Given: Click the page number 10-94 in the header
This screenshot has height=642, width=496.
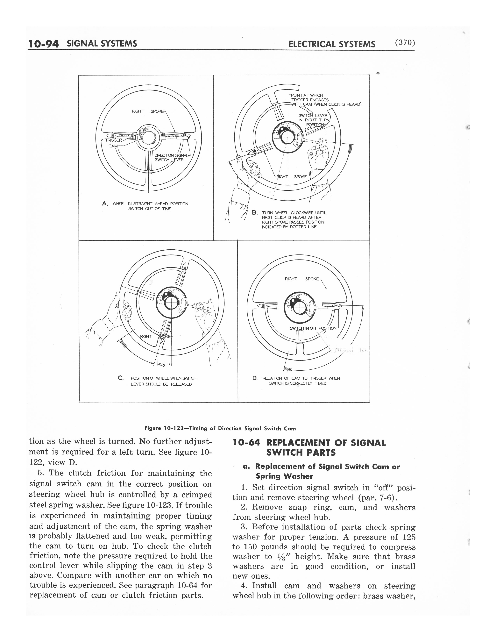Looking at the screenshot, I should coord(44,44).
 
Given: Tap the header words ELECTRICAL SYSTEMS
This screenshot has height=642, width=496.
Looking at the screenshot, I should coord(332,44).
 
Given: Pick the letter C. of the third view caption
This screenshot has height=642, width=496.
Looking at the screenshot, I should coord(120,378).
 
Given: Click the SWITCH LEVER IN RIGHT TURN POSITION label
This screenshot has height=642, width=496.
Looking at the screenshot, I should coord(313,120).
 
